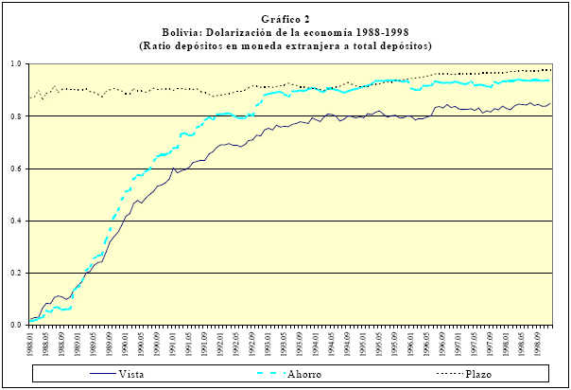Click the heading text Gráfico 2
point(285,19)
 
